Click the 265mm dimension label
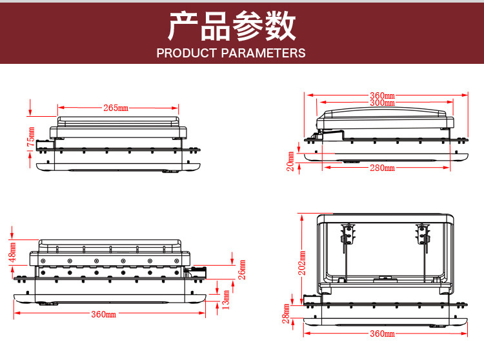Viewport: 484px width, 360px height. pyautogui.click(x=116, y=108)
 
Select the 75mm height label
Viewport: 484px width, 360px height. pyautogui.click(x=31, y=137)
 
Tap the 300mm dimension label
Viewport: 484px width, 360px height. pyautogui.click(x=382, y=103)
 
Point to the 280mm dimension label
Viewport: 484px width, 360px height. pyautogui.click(x=382, y=168)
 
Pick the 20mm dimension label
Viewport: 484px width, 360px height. pyautogui.click(x=290, y=161)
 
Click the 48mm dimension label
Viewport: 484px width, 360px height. pyautogui.click(x=12, y=252)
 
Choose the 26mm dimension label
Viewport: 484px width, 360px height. pyautogui.click(x=242, y=270)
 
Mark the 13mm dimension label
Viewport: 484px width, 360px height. pyautogui.click(x=226, y=299)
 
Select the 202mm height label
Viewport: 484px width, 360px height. pyautogui.click(x=301, y=263)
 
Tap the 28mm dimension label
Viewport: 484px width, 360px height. pyautogui.click(x=286, y=314)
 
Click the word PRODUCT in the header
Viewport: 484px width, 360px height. pyautogui.click(x=187, y=53)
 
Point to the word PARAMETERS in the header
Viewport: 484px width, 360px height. pyautogui.click(x=263, y=53)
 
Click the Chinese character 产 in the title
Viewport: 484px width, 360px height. pyautogui.click(x=183, y=26)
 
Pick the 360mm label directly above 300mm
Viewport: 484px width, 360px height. pyautogui.click(x=382, y=95)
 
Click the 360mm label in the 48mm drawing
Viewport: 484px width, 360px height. pyautogui.click(x=104, y=314)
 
